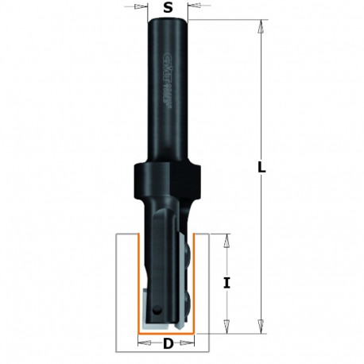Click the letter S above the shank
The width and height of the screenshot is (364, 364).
click(167, 7)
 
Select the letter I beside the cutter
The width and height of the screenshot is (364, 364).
click(227, 282)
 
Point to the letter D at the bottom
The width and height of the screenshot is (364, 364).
click(168, 344)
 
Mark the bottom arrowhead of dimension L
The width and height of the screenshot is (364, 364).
click(259, 327)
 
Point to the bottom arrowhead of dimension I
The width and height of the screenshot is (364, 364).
click(227, 327)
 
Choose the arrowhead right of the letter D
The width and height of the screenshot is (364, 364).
click(192, 344)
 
